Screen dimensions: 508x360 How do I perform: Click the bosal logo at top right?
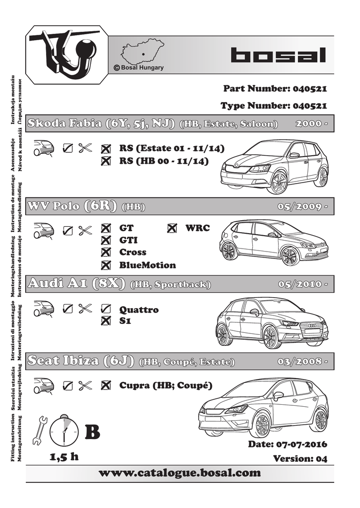(278, 55)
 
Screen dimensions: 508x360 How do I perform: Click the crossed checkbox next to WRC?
(172, 228)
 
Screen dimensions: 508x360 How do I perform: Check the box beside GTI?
(105, 240)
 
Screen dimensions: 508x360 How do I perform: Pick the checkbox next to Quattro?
(105, 309)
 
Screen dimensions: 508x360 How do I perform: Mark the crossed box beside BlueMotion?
(105, 265)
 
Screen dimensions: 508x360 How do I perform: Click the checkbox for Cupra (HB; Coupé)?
(105, 385)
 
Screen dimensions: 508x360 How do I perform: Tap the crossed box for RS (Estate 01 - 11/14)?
(105, 148)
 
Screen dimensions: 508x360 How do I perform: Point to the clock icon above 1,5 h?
(65, 431)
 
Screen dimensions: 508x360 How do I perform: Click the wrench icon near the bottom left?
(39, 430)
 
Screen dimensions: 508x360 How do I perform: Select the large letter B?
(92, 433)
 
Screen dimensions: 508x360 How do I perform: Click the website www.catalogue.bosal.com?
(180, 473)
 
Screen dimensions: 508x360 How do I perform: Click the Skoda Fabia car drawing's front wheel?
(277, 182)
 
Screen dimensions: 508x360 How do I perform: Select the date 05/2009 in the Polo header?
(300, 206)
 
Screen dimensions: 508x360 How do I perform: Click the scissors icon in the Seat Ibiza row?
(85, 385)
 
